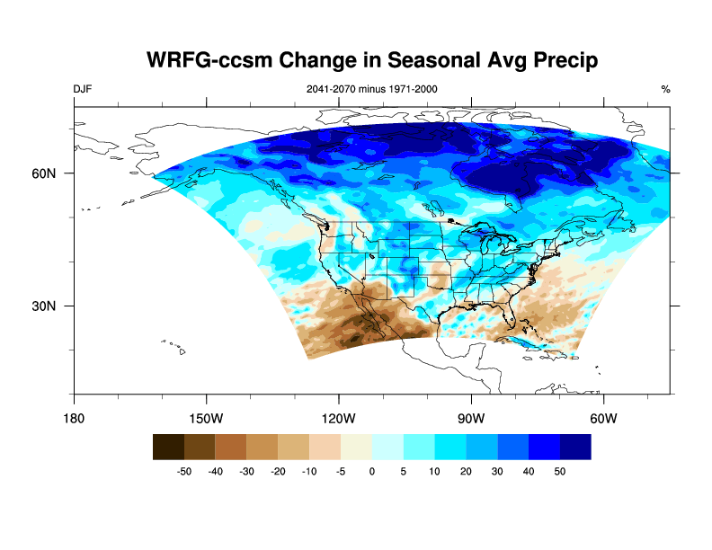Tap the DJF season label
83,89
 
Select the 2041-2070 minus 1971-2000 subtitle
372,89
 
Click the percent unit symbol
665,89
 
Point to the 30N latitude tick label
46,306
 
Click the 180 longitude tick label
74,418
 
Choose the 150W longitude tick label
206,418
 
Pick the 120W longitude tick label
338,418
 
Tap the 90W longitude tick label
470,418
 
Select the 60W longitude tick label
602,418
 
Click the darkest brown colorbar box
169,447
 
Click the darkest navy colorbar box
575,447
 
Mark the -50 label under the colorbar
184,471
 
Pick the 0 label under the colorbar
372,471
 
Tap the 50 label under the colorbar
559,471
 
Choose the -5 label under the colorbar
341,471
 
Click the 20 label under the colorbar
466,471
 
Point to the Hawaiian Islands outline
174,345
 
